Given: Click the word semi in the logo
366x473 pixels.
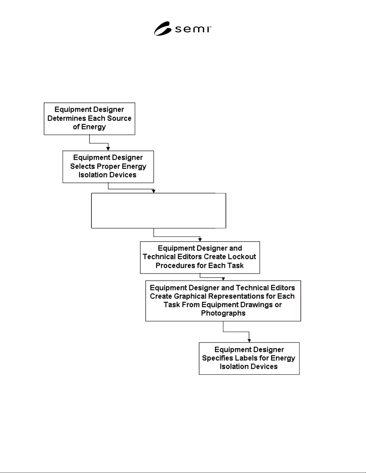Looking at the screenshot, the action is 193,29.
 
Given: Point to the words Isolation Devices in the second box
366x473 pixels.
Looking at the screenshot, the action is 107,175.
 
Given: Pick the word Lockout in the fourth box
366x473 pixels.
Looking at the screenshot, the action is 242,257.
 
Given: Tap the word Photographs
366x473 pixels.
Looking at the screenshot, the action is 223,313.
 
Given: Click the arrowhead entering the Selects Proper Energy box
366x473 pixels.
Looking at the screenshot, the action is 108,149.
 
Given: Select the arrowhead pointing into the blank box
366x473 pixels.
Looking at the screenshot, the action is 154,191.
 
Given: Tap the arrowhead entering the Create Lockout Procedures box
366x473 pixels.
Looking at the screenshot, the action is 200,239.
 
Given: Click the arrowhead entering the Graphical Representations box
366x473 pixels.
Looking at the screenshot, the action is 223,279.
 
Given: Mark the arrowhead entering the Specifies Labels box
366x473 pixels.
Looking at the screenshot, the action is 249,341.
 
